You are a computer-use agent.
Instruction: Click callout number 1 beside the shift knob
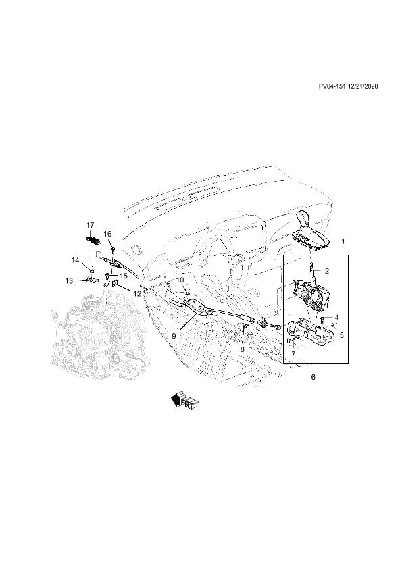click(343, 241)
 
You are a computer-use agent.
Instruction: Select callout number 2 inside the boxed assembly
click(327, 271)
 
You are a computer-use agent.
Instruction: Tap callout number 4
click(336, 318)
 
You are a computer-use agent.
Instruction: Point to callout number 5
click(341, 335)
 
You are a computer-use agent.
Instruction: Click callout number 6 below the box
click(313, 377)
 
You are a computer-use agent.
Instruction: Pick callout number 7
click(293, 353)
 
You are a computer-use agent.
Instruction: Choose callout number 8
click(243, 349)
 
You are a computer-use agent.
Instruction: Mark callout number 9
click(174, 337)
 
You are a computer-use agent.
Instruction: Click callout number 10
click(180, 280)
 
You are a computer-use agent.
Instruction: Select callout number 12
click(136, 293)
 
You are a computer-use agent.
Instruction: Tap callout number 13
click(69, 281)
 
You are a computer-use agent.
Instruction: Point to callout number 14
click(75, 260)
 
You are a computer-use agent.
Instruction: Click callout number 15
click(124, 276)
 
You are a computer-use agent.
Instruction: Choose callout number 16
click(107, 234)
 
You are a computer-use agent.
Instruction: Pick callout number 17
click(90, 225)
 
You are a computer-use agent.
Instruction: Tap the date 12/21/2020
click(362, 86)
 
